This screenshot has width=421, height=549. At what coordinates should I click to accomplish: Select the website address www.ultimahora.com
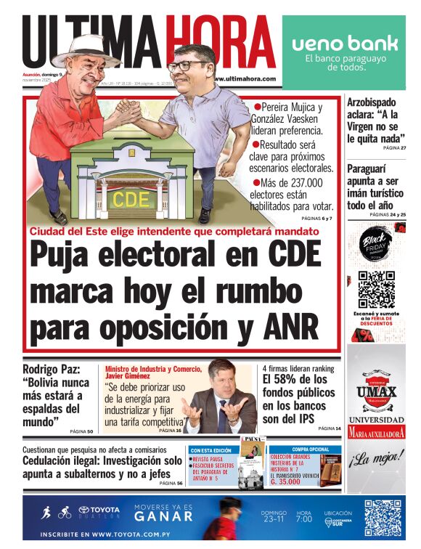point(243,78)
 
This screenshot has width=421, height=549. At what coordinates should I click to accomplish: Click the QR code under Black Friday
point(376,290)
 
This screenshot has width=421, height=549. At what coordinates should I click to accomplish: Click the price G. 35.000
point(290,481)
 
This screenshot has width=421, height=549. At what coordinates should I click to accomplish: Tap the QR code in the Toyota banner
point(382,518)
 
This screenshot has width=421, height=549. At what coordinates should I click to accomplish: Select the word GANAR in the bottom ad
point(163,516)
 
